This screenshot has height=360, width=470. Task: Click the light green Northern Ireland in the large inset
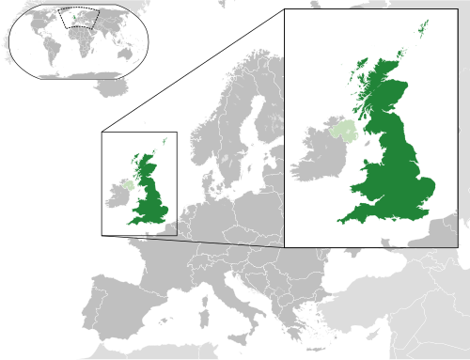[344, 133]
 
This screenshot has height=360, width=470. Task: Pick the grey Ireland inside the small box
[117, 196]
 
